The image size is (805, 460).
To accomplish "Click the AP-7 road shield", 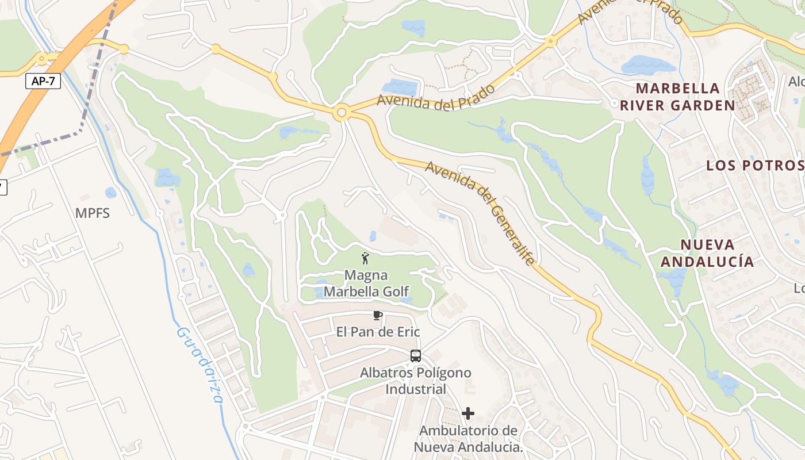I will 43,81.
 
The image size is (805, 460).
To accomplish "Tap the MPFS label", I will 92,213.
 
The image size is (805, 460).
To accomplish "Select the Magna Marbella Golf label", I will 366,283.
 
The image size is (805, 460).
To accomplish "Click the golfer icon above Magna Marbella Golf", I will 365,258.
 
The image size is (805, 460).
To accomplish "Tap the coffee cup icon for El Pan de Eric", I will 377,315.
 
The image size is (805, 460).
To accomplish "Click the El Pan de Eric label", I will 378,332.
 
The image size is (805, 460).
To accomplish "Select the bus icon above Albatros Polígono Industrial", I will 416,356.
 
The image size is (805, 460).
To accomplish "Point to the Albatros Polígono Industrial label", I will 415,381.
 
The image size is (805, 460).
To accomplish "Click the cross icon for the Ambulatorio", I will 468,413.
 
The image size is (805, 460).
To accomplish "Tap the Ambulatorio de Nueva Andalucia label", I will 468,439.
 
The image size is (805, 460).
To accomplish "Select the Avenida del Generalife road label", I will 481,213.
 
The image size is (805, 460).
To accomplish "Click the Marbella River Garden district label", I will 677,97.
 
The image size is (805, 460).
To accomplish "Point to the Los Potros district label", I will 755,166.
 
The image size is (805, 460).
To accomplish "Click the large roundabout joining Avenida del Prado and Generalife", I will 342,113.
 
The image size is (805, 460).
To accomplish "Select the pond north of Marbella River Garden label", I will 648,65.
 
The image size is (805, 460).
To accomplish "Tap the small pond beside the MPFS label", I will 110,193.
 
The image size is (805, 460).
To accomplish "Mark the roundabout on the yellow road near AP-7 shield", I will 42,59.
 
